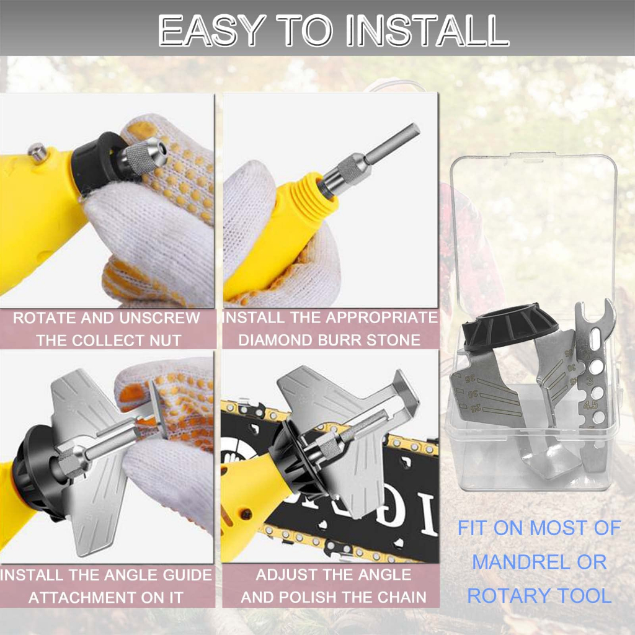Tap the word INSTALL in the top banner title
(427, 29)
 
